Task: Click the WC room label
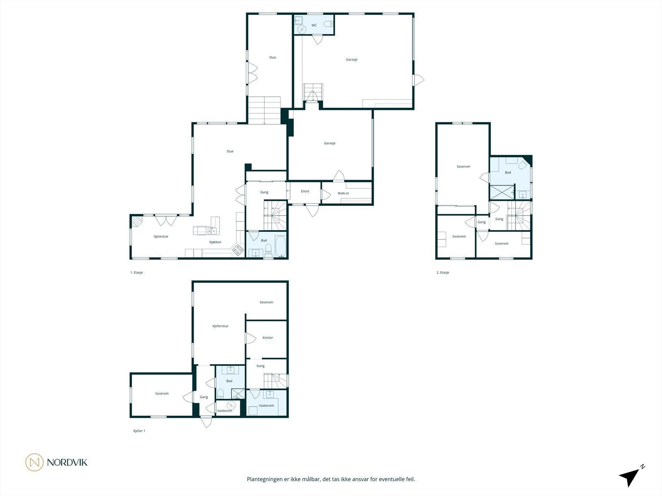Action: [x=314, y=26]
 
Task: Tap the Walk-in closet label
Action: [x=343, y=193]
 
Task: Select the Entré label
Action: [x=305, y=191]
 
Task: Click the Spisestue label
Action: [x=161, y=236]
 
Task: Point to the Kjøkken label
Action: [x=215, y=242]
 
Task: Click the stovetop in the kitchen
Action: [x=238, y=249]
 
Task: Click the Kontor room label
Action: [x=268, y=338]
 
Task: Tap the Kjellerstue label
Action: [x=220, y=326]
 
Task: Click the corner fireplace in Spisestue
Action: [x=136, y=222]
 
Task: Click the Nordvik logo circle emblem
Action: [x=34, y=462]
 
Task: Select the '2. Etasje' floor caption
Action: [x=443, y=272]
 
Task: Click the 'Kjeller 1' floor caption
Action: [x=139, y=431]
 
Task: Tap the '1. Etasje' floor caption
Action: [x=137, y=272]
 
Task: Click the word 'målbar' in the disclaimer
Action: [x=308, y=479]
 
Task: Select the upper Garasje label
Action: [x=352, y=60]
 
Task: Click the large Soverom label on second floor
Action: [x=463, y=167]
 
